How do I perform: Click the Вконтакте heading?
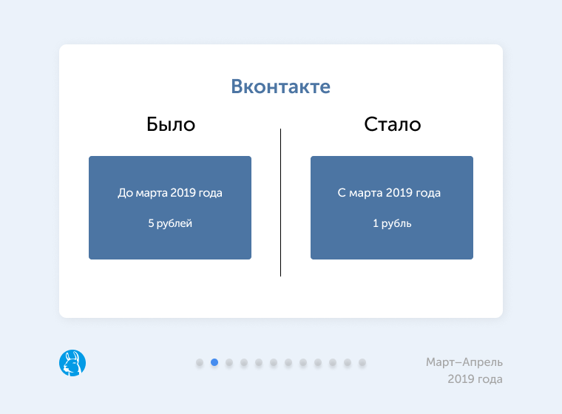coord(281,86)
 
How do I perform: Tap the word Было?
coord(171,124)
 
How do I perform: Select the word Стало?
coord(393,124)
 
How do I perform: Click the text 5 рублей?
coord(170,223)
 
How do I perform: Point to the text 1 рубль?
coord(392,223)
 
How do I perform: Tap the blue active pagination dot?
coord(214,362)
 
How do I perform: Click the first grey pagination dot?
coord(200,363)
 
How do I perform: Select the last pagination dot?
coord(362,363)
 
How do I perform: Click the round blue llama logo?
coord(72,363)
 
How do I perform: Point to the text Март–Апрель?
coord(464,362)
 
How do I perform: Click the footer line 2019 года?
coord(475,379)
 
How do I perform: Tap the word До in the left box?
coord(125,193)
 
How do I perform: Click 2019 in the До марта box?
coord(182,193)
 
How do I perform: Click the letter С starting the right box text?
coord(342,193)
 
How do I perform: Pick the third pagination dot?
coord(229,363)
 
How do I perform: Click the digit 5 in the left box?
coord(151,223)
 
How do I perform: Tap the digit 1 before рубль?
coord(376,223)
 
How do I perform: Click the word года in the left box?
coord(209,193)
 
